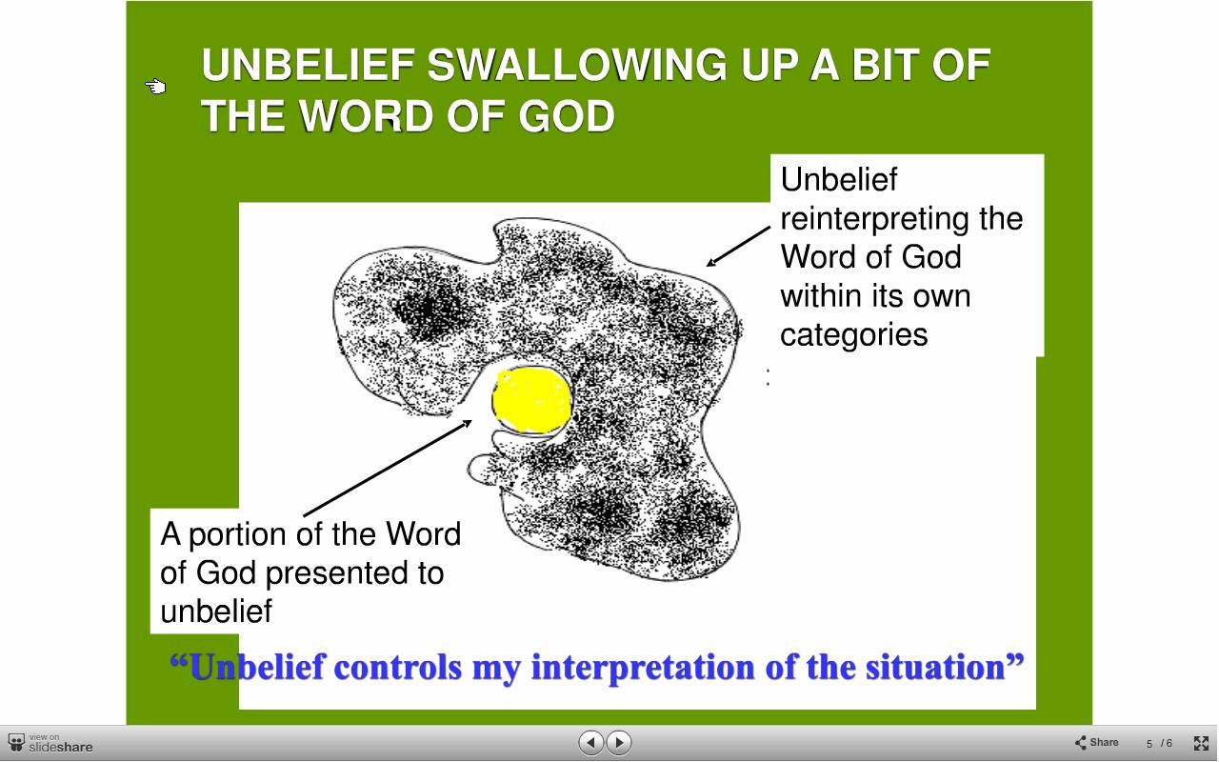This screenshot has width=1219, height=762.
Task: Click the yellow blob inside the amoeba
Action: (x=531, y=400)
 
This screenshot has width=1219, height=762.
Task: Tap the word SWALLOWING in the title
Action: (x=577, y=65)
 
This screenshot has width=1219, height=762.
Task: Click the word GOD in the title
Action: (x=567, y=116)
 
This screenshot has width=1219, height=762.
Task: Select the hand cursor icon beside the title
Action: (x=155, y=86)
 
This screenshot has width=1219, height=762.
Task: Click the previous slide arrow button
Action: (x=591, y=742)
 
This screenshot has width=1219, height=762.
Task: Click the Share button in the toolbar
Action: (x=1096, y=742)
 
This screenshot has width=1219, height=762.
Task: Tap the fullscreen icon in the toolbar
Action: (x=1201, y=743)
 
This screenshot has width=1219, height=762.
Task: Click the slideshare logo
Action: (x=50, y=743)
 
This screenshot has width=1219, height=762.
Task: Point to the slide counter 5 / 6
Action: (x=1159, y=744)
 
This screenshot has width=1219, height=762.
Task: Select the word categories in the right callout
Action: (x=854, y=334)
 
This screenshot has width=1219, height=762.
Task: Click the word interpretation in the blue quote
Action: (x=643, y=668)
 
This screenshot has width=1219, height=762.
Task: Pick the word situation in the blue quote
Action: (x=935, y=667)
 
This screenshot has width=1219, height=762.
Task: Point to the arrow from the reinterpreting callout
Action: (x=738, y=246)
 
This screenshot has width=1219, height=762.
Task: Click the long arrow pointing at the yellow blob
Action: (x=388, y=468)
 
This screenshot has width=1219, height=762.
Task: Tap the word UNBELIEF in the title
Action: (x=309, y=65)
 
